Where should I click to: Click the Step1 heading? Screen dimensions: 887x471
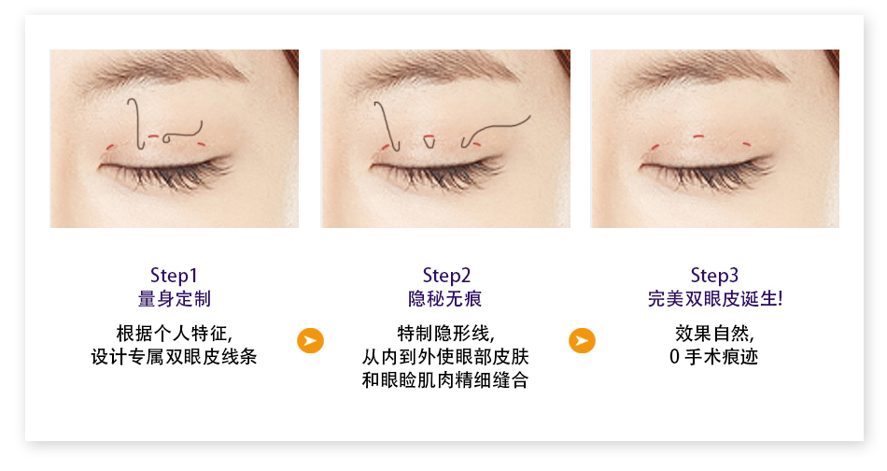point(174,275)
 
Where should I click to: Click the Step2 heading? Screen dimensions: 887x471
point(446,275)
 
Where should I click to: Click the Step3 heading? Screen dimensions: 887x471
point(714,275)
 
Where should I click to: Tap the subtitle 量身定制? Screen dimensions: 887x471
point(175,299)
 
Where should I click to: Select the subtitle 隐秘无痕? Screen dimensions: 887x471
point(445,299)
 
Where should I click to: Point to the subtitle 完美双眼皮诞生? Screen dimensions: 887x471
point(715,299)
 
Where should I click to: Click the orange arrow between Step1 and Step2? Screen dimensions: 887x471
point(311,340)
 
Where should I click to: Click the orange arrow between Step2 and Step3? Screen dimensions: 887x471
point(582,340)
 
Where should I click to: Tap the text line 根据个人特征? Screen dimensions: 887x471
point(175,334)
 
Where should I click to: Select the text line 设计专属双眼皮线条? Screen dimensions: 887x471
point(175,357)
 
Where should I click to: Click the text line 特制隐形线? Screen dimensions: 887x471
point(445,334)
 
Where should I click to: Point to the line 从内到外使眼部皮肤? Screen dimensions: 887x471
point(445,357)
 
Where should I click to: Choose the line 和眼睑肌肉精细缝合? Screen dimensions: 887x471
point(445,379)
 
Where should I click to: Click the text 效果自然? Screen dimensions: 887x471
point(714,334)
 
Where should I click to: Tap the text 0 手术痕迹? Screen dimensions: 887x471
point(714,357)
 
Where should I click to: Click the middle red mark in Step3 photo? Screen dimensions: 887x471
point(698,136)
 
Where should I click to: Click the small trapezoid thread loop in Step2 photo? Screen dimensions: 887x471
point(429,141)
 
